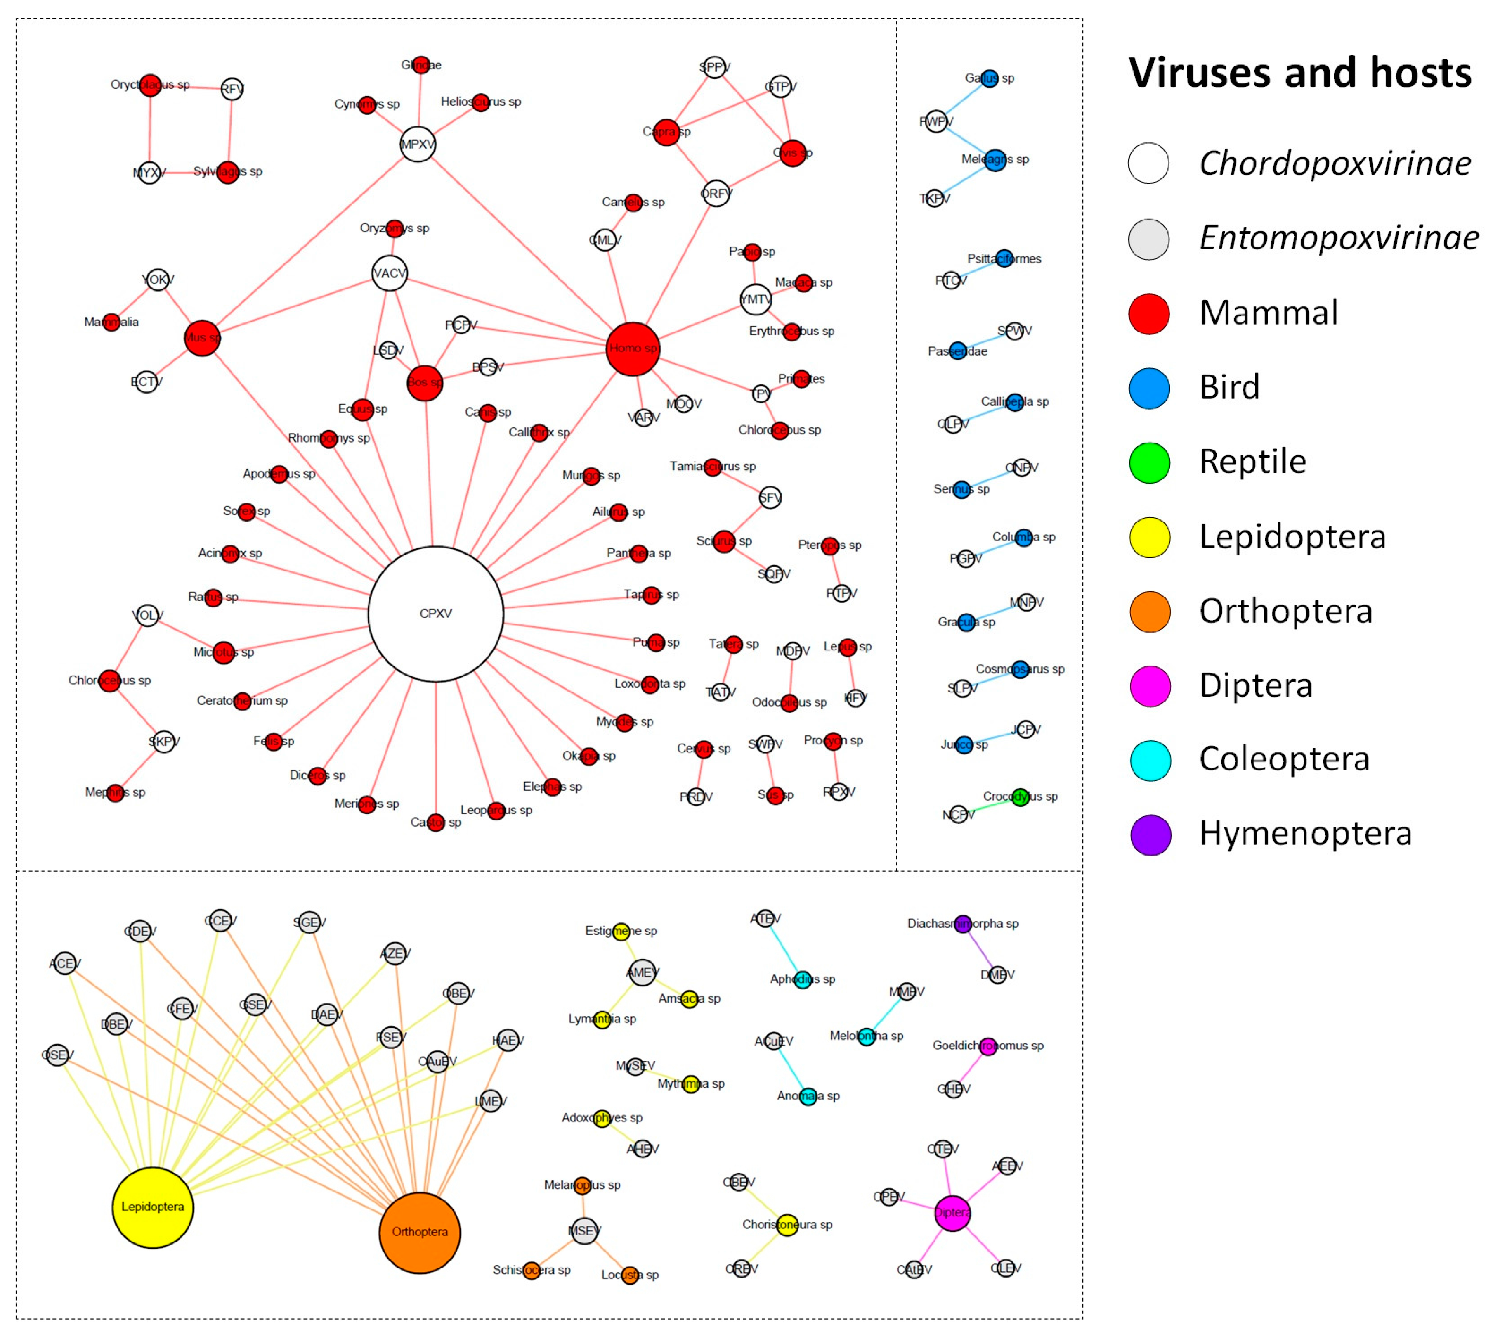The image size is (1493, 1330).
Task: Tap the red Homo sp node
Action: pos(633,349)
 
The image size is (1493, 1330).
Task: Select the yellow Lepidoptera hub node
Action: pos(153,1207)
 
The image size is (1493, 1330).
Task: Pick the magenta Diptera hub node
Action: pos(952,1213)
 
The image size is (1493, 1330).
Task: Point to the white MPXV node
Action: pos(418,144)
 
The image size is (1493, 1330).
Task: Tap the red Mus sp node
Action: pos(202,338)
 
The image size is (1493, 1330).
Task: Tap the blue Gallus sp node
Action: pos(989,78)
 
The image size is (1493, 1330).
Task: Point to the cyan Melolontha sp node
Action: pos(866,1036)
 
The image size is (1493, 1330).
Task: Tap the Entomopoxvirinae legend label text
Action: pos(1338,238)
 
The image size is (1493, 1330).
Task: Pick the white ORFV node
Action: pos(716,194)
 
